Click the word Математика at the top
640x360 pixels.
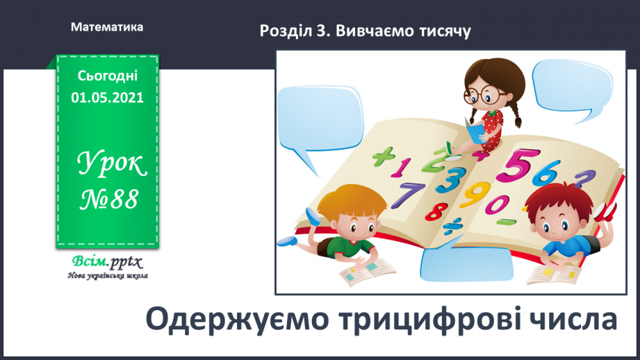pyautogui.click(x=107, y=28)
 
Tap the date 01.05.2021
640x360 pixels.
pyautogui.click(x=107, y=97)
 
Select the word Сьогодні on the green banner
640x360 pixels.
pyautogui.click(x=107, y=76)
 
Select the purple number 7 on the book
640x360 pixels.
pyautogui.click(x=413, y=194)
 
